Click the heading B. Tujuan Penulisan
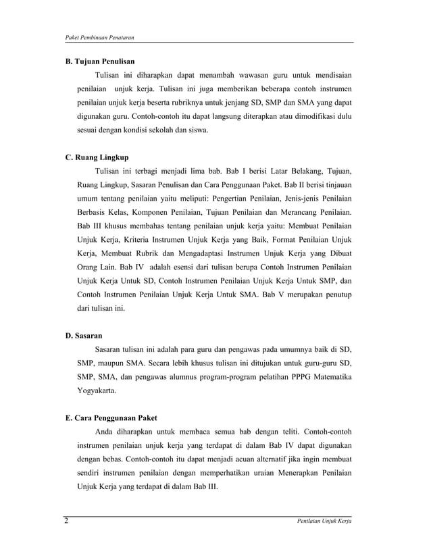[x=100, y=61]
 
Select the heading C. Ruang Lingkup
[x=97, y=157]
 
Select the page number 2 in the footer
[x=67, y=521]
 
